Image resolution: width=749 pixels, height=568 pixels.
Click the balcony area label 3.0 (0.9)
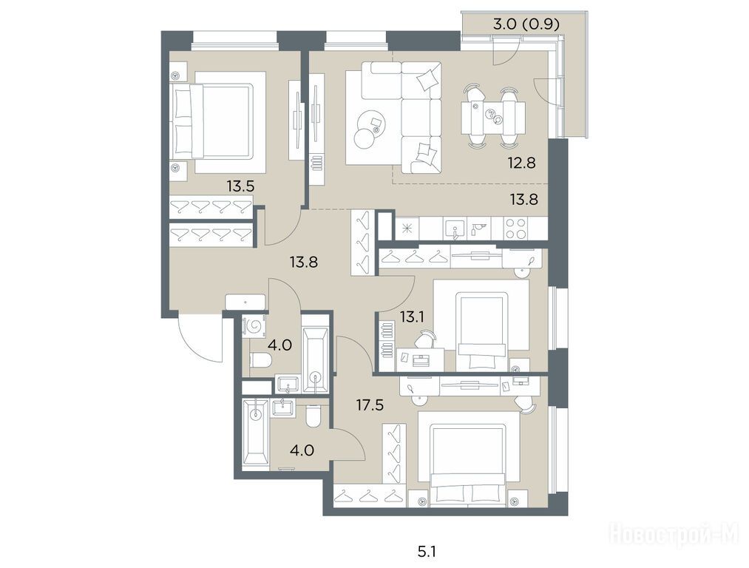[526, 24]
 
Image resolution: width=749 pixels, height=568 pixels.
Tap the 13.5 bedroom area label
[240, 186]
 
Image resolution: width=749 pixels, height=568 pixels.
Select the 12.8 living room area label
[521, 163]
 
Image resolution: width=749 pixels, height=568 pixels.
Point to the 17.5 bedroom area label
[370, 405]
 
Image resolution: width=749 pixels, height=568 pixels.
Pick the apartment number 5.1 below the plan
[427, 552]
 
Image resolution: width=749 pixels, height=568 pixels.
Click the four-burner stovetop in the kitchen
[515, 228]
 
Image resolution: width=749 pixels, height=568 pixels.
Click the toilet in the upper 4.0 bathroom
[260, 359]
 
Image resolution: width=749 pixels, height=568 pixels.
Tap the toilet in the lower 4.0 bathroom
[314, 415]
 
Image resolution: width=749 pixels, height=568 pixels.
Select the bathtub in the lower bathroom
[256, 432]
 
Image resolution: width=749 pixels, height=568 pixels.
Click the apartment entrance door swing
[200, 337]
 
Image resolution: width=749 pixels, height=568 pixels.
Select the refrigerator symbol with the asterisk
[407, 228]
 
